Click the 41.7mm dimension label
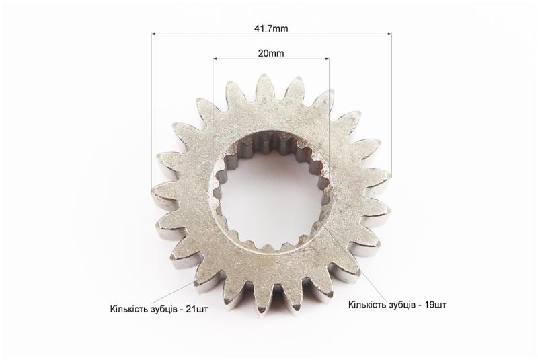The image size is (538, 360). [271, 28]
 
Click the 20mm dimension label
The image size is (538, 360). [271, 53]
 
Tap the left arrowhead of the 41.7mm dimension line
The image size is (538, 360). [153, 34]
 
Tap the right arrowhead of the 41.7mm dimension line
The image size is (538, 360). [389, 34]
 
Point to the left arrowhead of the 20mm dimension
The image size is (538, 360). [215, 59]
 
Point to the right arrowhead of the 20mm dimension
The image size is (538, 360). [327, 59]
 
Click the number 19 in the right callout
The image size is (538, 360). [429, 304]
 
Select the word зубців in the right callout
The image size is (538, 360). [401, 305]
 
